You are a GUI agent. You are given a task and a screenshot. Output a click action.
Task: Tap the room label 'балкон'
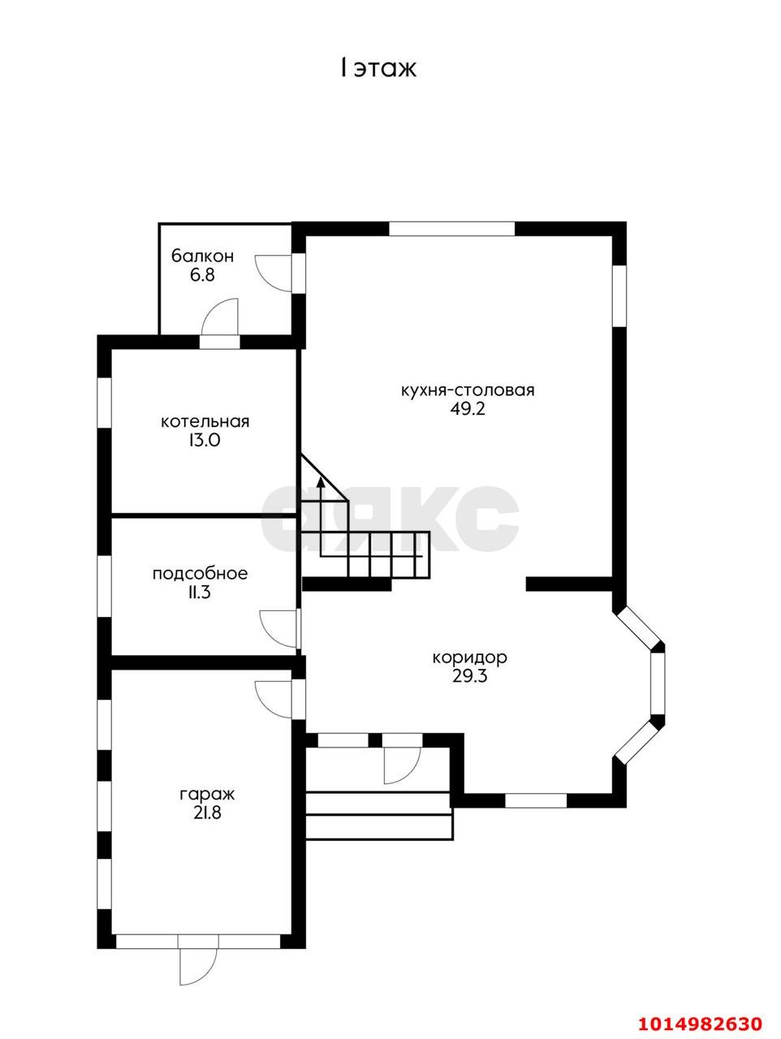[202, 257]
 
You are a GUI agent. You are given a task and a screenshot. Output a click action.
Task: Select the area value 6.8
[202, 275]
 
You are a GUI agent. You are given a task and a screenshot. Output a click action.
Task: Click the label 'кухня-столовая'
[468, 390]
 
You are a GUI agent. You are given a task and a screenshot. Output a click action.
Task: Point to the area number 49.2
[468, 409]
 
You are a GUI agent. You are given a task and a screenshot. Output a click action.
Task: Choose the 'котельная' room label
[205, 422]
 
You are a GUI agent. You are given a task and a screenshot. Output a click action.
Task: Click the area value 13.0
[205, 441]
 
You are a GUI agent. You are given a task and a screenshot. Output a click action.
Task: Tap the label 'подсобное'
[201, 574]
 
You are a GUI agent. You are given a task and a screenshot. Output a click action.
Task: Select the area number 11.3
[201, 593]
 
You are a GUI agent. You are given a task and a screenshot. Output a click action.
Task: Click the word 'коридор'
[469, 658]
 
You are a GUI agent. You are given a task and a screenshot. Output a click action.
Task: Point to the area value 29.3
[469, 677]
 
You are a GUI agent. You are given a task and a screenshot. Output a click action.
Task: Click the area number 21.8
[207, 813]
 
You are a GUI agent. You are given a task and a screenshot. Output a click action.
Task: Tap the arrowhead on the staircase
[321, 482]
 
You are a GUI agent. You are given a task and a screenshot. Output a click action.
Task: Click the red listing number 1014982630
[701, 1020]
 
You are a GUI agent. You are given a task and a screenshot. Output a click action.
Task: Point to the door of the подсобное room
[279, 627]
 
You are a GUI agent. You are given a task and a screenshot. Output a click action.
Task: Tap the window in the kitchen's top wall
[451, 229]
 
